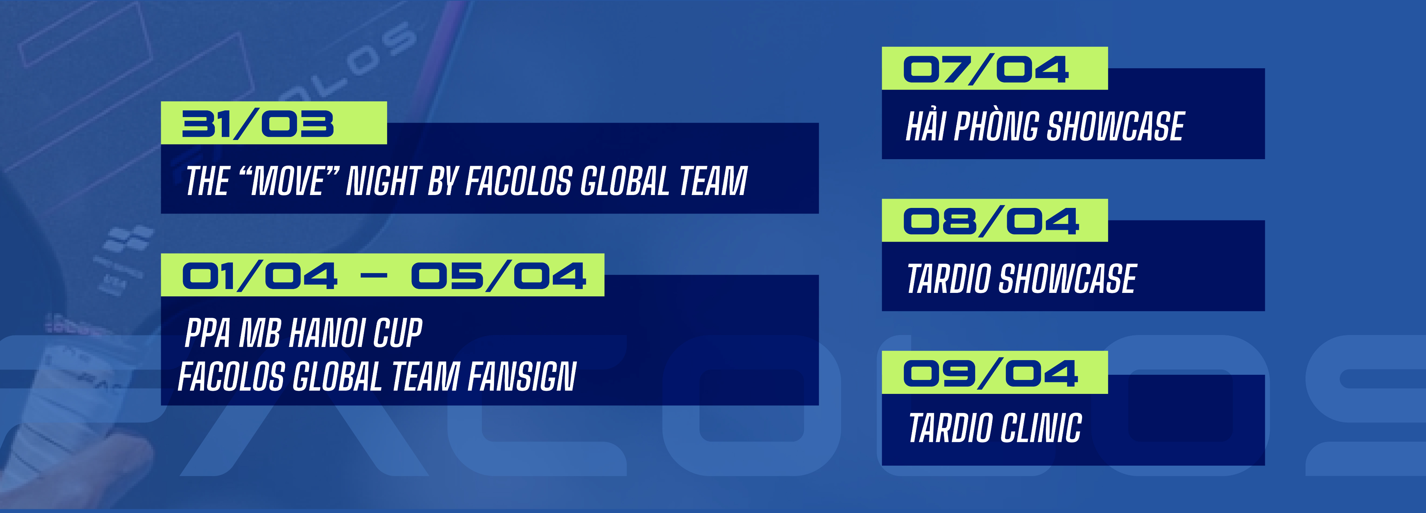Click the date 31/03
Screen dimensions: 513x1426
pos(258,124)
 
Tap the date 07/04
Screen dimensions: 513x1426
pos(985,70)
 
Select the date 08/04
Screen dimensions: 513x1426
pos(990,221)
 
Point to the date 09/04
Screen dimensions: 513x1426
pos(990,373)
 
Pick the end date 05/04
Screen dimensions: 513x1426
pos(498,276)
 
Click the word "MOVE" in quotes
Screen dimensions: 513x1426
pos(288,181)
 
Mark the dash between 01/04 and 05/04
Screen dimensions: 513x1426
pos(374,276)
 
